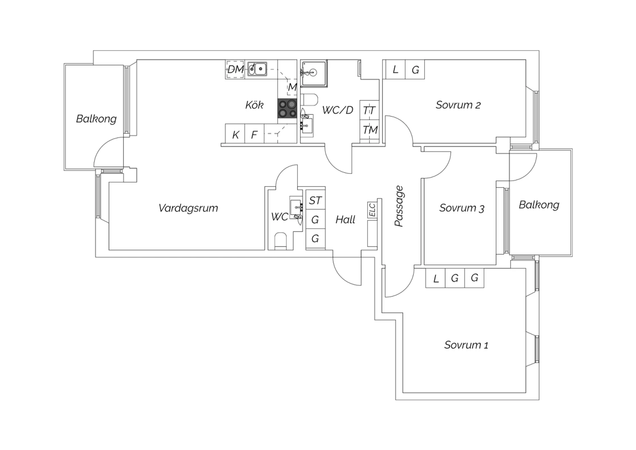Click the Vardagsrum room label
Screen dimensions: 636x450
click(x=188, y=208)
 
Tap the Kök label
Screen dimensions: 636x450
click(x=254, y=105)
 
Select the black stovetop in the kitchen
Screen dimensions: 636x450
click(x=287, y=108)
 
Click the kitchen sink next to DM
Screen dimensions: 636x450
click(x=257, y=69)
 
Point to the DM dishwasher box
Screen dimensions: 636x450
click(x=235, y=69)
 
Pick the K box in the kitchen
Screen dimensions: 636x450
click(x=235, y=134)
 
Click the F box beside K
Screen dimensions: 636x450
click(x=254, y=134)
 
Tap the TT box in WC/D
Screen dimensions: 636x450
click(x=369, y=110)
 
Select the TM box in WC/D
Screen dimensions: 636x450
click(x=369, y=129)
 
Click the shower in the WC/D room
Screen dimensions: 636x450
click(x=314, y=73)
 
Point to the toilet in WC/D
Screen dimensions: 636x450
click(x=310, y=99)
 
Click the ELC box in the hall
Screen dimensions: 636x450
click(x=372, y=210)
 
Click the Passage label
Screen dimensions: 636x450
click(x=399, y=206)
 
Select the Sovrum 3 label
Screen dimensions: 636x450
click(x=462, y=208)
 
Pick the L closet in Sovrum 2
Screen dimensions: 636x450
click(x=395, y=69)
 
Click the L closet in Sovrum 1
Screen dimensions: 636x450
click(x=435, y=278)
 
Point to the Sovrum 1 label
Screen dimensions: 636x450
click(x=466, y=345)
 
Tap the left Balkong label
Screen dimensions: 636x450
click(x=96, y=119)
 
